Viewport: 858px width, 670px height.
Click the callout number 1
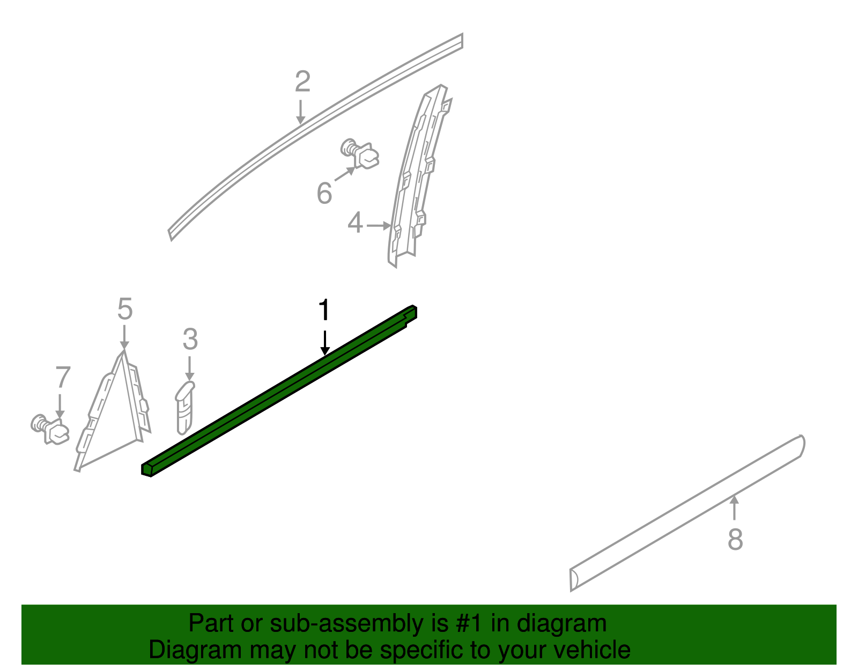[324, 311]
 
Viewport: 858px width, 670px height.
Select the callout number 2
[302, 82]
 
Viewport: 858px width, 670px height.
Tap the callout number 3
[190, 340]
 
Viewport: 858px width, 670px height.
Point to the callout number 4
[355, 223]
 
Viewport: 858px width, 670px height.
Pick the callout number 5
[124, 310]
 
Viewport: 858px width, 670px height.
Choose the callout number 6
[324, 193]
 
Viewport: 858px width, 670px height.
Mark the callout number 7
[63, 377]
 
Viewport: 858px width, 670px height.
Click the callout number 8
[735, 539]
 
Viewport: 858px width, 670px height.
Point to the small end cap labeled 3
[184, 408]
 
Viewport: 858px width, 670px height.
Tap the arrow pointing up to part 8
[735, 507]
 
